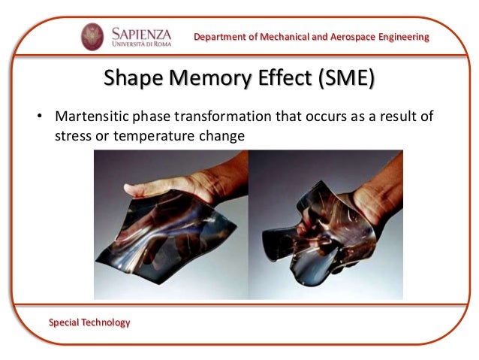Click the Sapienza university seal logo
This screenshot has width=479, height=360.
(x=92, y=36)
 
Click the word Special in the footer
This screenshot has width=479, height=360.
(x=65, y=322)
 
